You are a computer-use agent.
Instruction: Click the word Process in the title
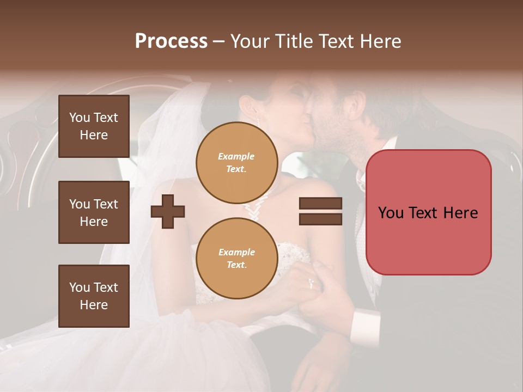click(x=171, y=41)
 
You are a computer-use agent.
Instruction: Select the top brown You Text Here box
click(x=94, y=126)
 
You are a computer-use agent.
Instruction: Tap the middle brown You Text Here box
click(x=94, y=212)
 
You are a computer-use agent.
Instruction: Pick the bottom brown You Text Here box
click(x=94, y=296)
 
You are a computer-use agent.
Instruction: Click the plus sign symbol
click(x=168, y=211)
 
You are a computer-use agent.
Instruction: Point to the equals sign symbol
click(x=320, y=211)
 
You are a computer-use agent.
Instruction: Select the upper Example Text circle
click(x=236, y=162)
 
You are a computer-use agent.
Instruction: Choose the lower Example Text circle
click(x=236, y=258)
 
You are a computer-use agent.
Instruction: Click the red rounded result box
click(x=428, y=212)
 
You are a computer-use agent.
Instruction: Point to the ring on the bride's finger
click(x=311, y=284)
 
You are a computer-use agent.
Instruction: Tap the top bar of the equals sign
click(x=320, y=204)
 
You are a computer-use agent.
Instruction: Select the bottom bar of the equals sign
click(x=320, y=219)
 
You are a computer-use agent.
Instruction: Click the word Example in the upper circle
click(x=236, y=156)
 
